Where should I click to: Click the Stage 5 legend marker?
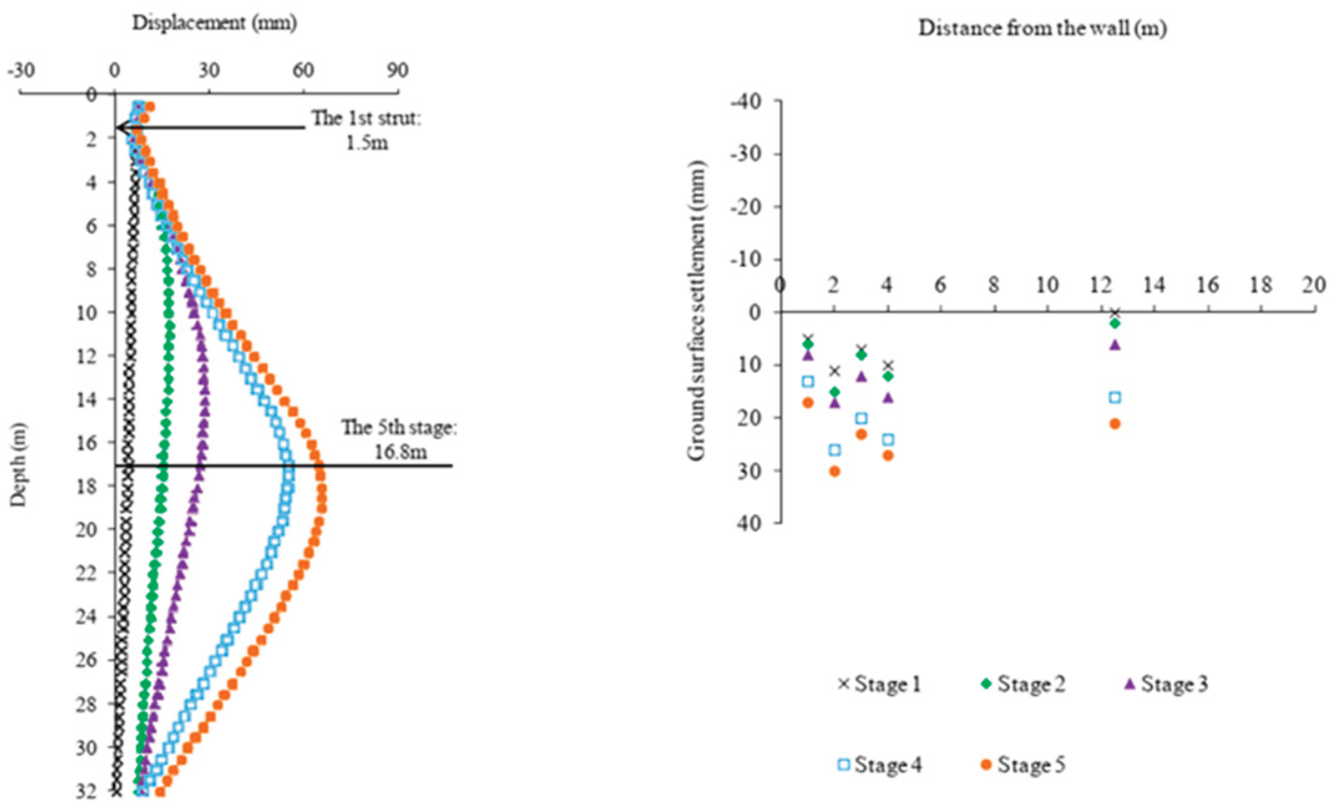tap(986, 764)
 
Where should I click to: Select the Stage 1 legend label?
tap(887, 684)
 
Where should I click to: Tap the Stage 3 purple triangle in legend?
tap(1129, 684)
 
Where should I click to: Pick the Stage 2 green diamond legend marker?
tap(986, 684)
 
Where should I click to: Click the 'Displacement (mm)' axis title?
tap(214, 23)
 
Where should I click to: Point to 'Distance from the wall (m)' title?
tap(1042, 28)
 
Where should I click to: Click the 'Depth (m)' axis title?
tap(19, 464)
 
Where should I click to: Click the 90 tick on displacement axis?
tap(397, 70)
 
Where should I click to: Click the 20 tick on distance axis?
tap(1313, 285)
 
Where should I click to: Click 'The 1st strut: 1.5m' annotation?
tap(366, 130)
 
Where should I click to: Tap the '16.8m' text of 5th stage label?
tap(401, 451)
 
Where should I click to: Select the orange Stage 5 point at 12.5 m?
tap(1115, 424)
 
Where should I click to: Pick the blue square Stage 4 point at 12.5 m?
tap(1115, 397)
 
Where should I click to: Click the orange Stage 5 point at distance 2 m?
tap(834, 471)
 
